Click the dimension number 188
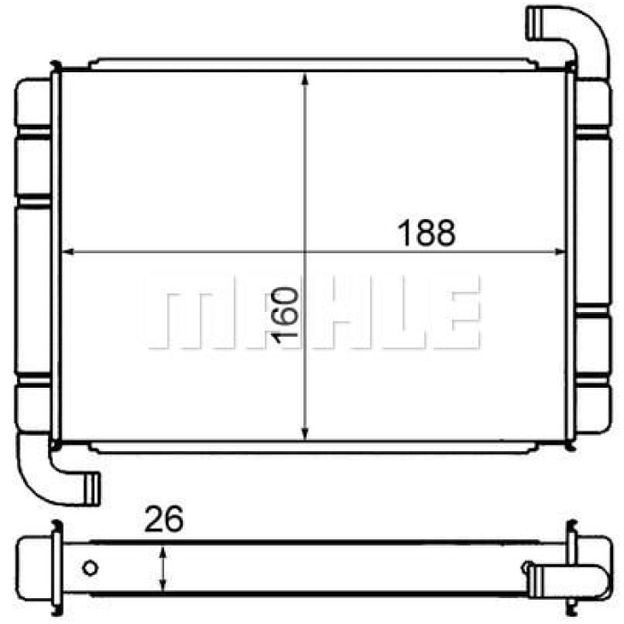pyautogui.click(x=426, y=233)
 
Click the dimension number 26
pyautogui.click(x=163, y=519)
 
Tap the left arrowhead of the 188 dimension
pyautogui.click(x=69, y=251)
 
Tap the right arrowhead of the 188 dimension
pyautogui.click(x=560, y=251)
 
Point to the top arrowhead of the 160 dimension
pyautogui.click(x=305, y=78)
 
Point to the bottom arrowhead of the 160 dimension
pyautogui.click(x=305, y=434)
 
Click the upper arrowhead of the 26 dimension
pyautogui.click(x=162, y=553)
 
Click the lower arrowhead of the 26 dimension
pyautogui.click(x=162, y=586)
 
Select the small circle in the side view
pyautogui.click(x=90, y=568)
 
